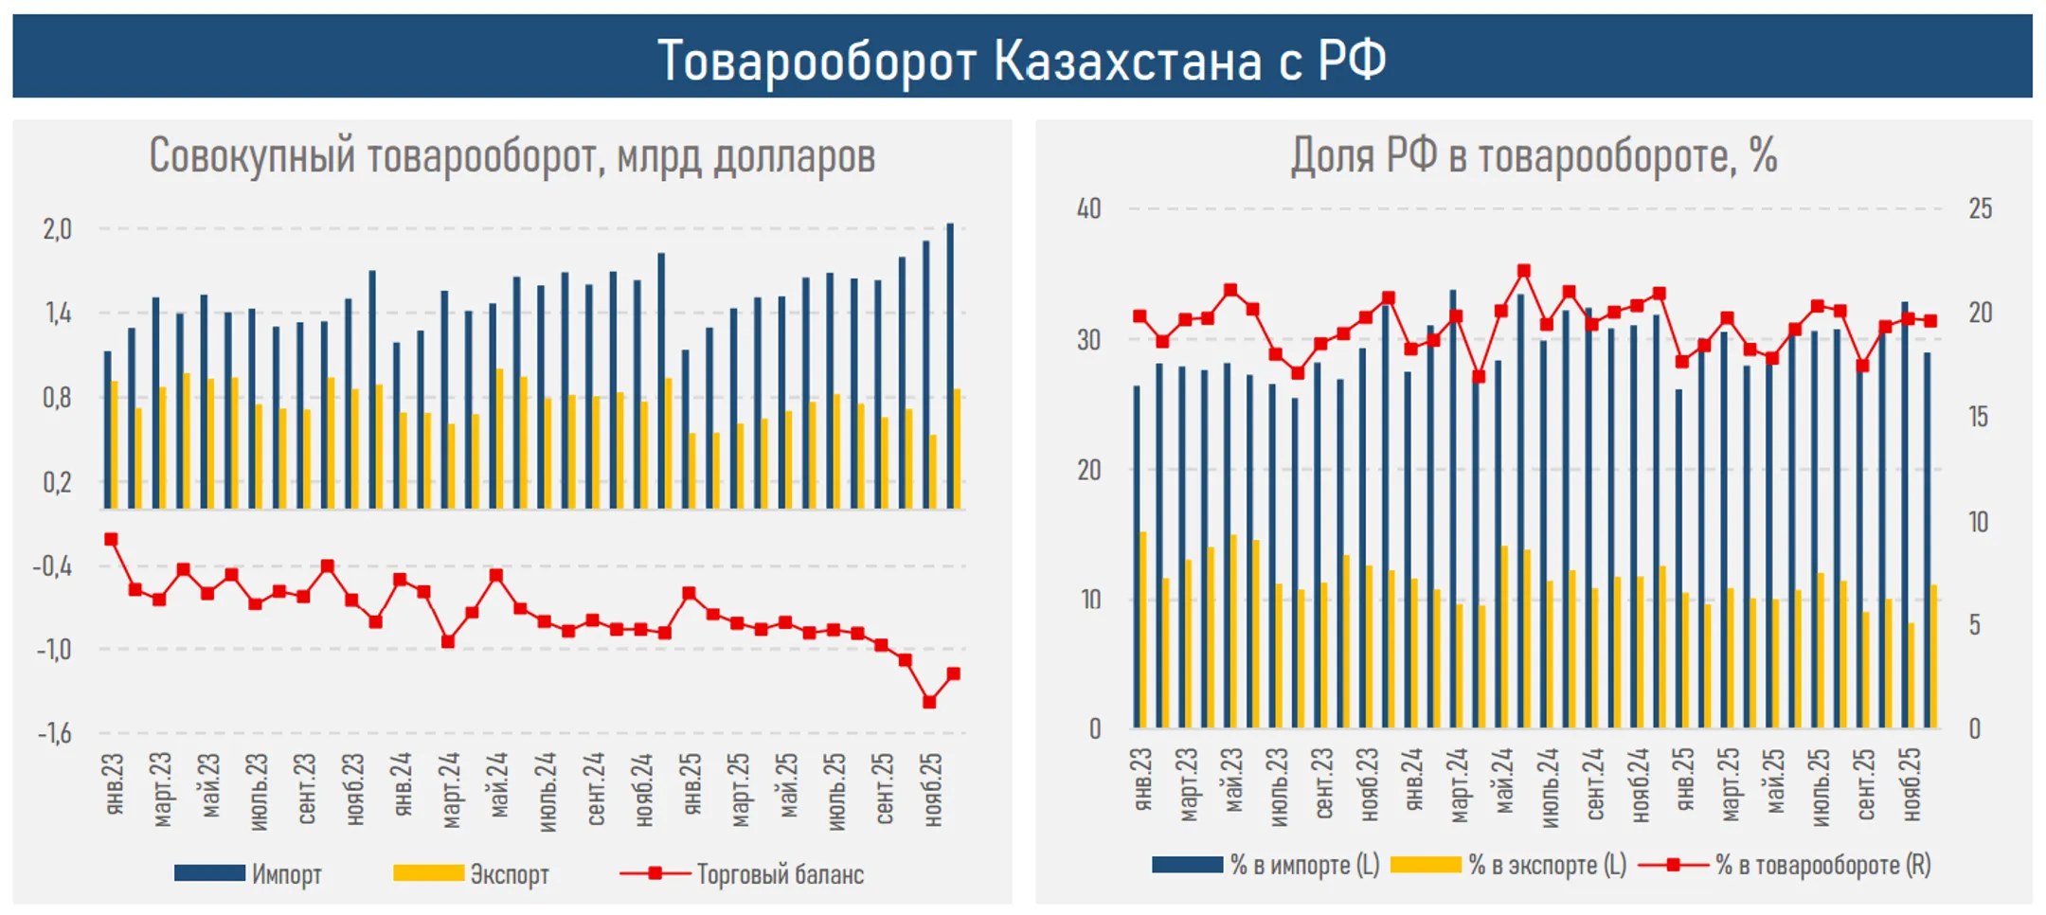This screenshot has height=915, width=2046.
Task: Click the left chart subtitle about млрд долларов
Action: pos(511,155)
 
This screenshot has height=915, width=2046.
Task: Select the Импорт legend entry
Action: pos(248,873)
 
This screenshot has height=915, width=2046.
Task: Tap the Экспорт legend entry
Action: pos(472,873)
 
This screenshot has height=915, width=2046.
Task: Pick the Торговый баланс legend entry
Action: pos(742,873)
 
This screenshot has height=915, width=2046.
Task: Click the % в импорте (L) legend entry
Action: pos(1265,864)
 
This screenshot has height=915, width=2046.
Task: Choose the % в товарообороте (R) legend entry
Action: pos(1785,864)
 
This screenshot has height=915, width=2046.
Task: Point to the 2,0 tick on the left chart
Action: pos(57,229)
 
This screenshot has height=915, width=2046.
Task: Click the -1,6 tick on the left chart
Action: pos(55,733)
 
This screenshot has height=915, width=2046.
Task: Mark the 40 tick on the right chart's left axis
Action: pos(1088,208)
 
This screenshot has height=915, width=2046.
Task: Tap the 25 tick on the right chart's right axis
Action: pos(1980,208)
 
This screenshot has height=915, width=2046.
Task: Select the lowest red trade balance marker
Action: pos(929,702)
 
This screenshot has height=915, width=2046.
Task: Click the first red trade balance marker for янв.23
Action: pos(111,539)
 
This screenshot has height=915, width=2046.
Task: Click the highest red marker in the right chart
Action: pos(1524,271)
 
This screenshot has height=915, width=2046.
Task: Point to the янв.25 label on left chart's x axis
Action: pos(692,784)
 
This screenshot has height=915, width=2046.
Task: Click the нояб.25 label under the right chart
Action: pos(1911,784)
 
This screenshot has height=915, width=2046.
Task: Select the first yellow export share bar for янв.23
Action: pos(1143,630)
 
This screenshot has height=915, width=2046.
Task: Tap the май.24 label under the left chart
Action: pos(499,784)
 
